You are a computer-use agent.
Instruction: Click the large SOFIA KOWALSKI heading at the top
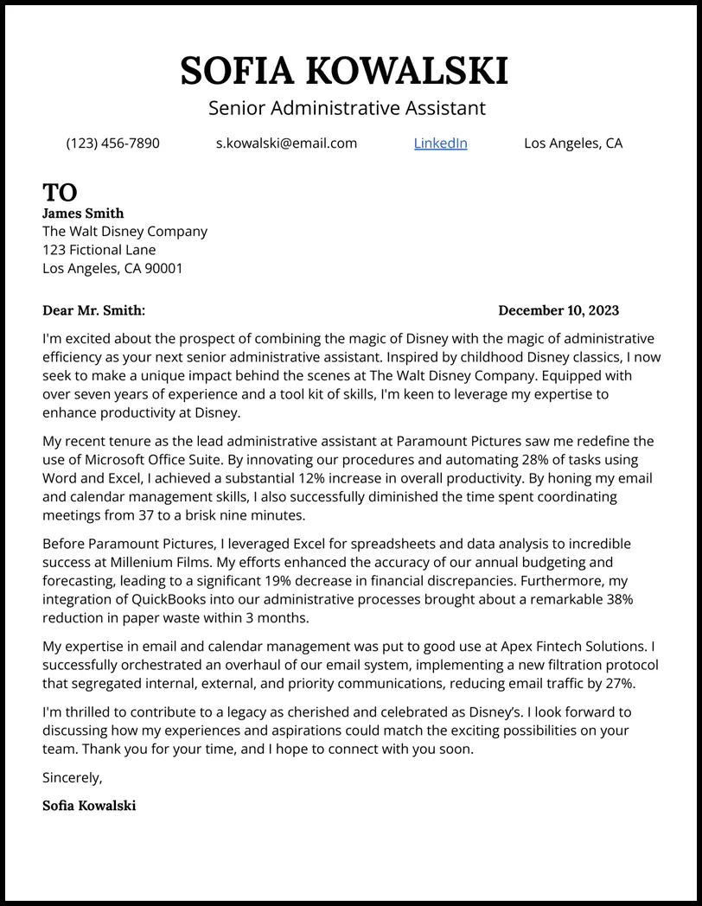(344, 71)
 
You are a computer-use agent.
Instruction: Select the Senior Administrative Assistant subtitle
(347, 108)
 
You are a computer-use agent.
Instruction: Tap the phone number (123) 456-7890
(112, 144)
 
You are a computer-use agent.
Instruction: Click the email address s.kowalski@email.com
(286, 144)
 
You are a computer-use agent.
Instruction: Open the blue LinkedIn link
(440, 144)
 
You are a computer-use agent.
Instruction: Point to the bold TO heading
(60, 192)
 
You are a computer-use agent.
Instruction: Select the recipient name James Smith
(83, 214)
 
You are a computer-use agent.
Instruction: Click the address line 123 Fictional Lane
(99, 250)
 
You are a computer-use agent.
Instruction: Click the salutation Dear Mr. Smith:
(93, 310)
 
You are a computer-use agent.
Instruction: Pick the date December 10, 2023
(558, 310)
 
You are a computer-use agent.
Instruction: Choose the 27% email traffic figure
(616, 683)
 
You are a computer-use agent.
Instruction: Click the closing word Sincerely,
(73, 777)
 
